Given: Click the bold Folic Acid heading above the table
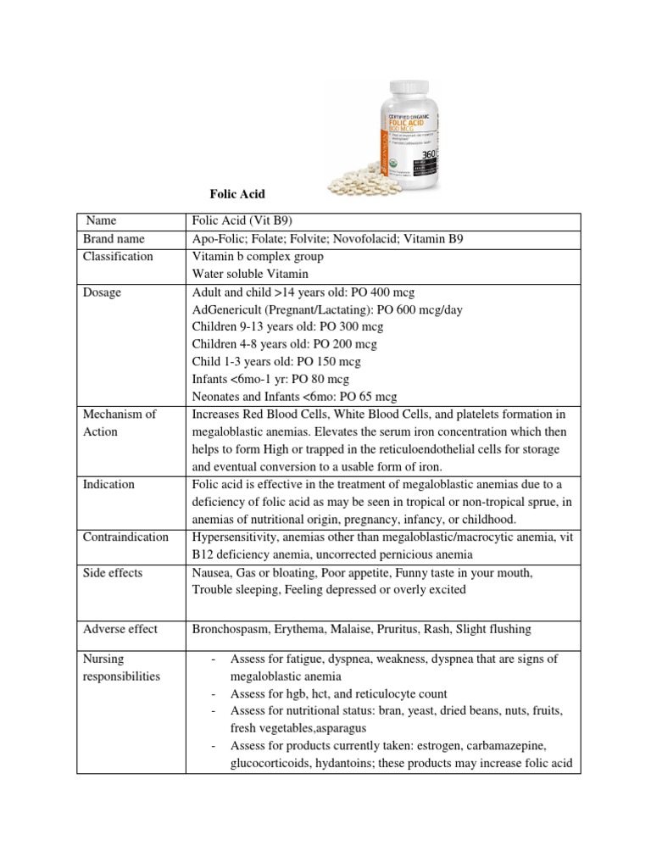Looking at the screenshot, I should [x=237, y=194].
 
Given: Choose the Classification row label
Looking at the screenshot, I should [x=118, y=257].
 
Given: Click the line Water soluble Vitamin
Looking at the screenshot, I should [x=251, y=275].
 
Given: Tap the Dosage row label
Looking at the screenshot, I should [x=102, y=292].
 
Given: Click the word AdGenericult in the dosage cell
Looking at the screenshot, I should [x=231, y=310].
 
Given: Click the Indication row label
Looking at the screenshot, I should [x=108, y=484].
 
